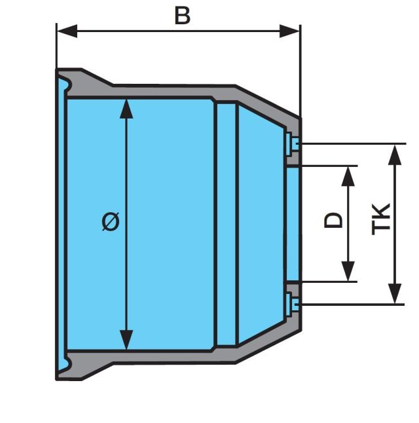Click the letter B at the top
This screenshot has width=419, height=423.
(x=182, y=15)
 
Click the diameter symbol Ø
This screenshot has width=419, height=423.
(x=112, y=223)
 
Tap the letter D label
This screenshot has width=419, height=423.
(x=334, y=219)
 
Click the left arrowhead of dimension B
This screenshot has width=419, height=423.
(x=66, y=31)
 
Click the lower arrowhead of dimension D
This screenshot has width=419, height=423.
(x=348, y=271)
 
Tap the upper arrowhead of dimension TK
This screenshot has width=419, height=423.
(x=395, y=155)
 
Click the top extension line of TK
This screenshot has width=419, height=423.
(x=354, y=143)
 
